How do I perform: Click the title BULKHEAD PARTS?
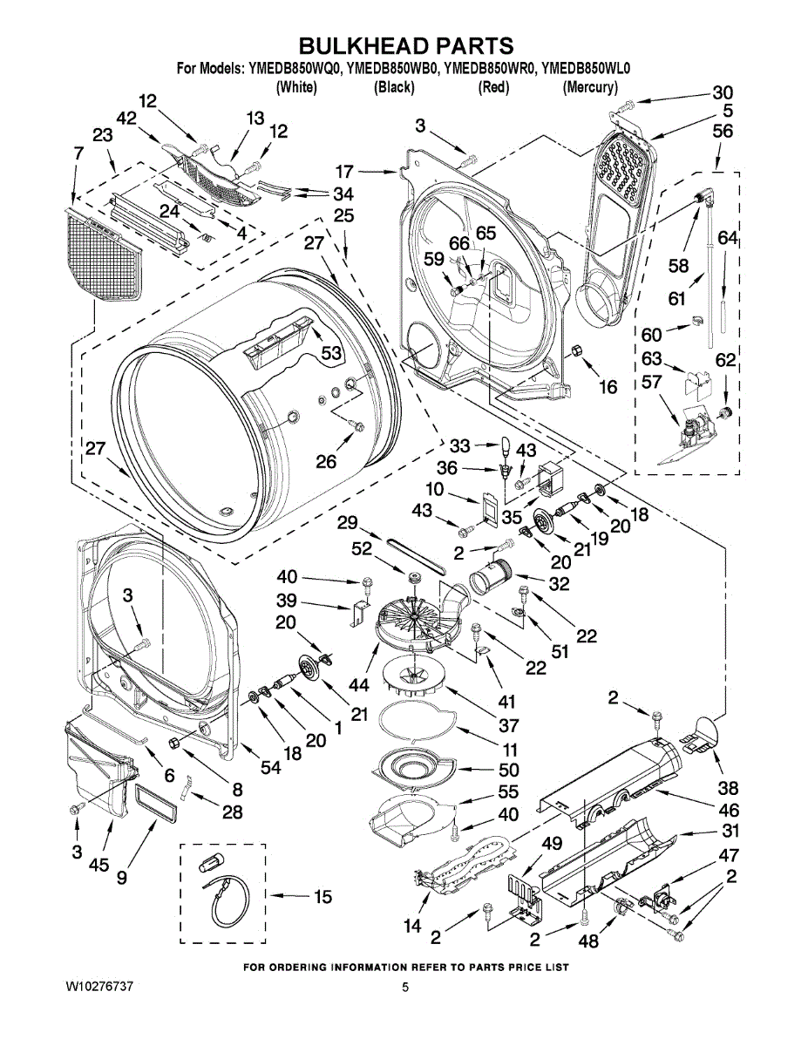[406, 46]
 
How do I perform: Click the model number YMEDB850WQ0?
[295, 70]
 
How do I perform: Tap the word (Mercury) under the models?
[590, 88]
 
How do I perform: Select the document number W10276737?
[98, 987]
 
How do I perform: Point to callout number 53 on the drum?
[330, 353]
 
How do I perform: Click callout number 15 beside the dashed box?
[323, 896]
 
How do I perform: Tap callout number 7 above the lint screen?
[78, 153]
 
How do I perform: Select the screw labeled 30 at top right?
[626, 104]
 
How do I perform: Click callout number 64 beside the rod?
[727, 237]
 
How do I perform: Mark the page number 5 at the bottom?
[405, 988]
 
